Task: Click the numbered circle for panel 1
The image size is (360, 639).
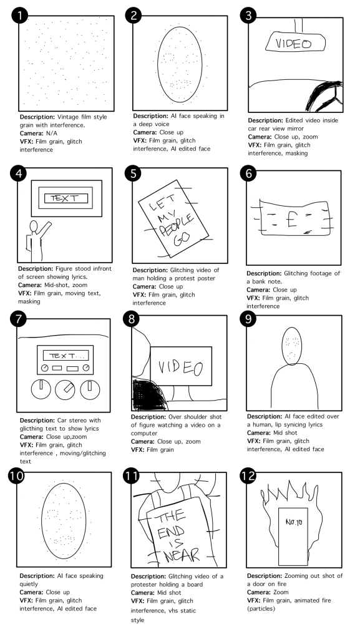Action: pos(20,16)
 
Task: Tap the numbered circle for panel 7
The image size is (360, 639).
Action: pos(18,319)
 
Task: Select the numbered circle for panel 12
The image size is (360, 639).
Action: pos(248,476)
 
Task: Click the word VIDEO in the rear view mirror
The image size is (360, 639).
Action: pos(293,43)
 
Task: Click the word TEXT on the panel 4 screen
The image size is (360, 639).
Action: pos(63,198)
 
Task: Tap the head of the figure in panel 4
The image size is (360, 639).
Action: pos(34,226)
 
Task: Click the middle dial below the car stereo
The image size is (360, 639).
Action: pos(65,390)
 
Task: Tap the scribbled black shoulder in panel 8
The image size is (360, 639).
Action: pos(148,394)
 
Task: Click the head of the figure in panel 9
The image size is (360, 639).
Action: pos(292,344)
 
